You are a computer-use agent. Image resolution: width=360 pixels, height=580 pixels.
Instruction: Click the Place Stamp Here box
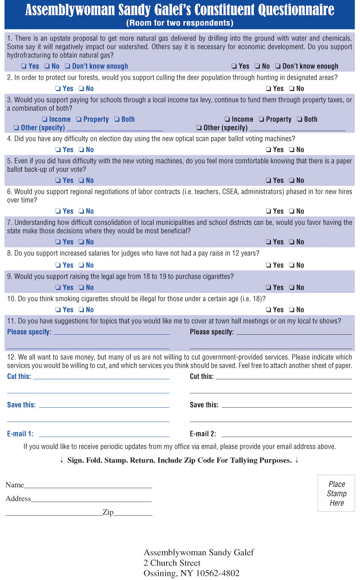click(336, 493)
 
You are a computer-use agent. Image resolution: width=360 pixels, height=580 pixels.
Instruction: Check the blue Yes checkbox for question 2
click(58, 89)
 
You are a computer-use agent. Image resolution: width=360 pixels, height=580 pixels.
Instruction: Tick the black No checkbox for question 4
click(292, 150)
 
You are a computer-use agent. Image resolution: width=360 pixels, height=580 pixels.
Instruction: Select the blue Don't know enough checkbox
click(67, 66)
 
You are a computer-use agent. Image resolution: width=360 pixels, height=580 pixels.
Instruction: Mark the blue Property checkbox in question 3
click(78, 119)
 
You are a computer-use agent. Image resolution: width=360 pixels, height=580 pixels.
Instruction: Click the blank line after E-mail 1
click(104, 436)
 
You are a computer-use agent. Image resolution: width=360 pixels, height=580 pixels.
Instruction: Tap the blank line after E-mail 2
click(287, 436)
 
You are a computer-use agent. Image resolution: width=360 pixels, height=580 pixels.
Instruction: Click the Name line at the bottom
click(88, 487)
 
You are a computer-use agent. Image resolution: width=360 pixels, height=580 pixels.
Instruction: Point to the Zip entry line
click(133, 515)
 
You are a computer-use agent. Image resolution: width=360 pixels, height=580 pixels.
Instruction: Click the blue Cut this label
click(19, 376)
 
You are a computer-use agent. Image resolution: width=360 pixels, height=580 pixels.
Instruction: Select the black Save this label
click(204, 405)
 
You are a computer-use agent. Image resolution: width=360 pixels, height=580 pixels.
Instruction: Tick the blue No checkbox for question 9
click(81, 288)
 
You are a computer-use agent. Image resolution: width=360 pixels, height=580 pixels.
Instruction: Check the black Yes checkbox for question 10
click(268, 310)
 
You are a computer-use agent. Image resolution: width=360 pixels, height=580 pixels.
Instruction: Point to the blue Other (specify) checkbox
click(16, 128)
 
